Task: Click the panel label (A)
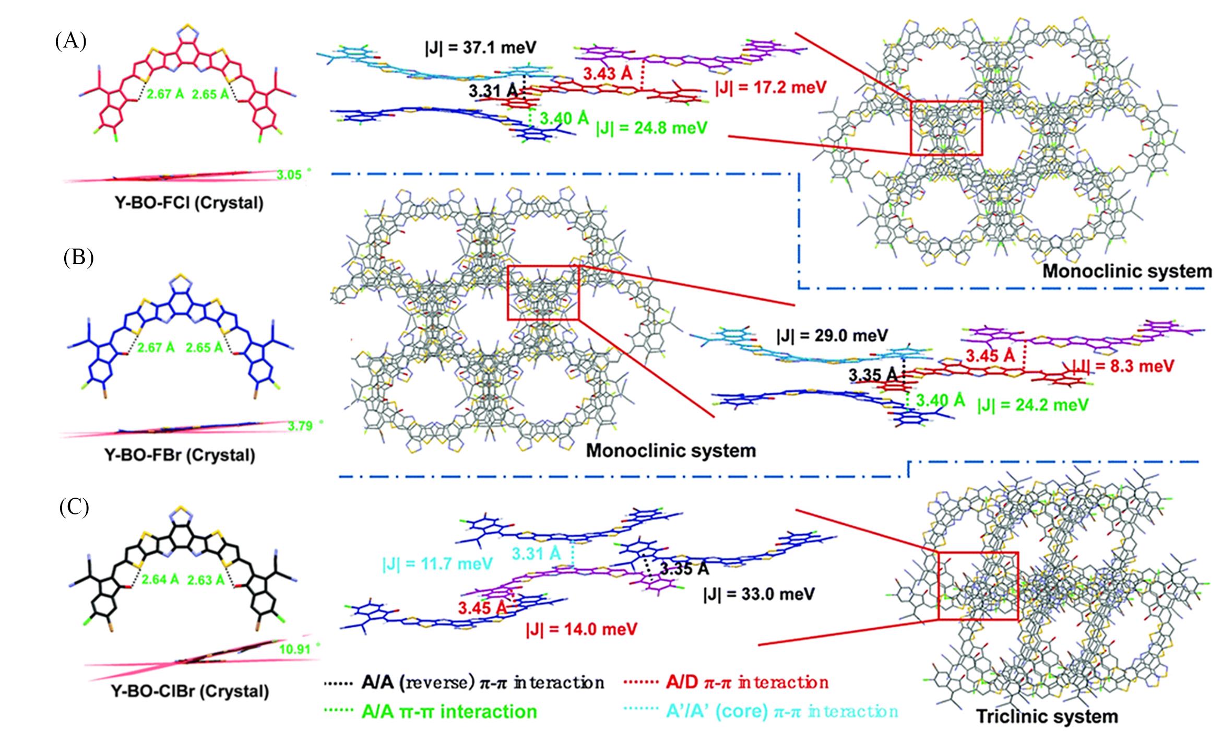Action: coord(70,41)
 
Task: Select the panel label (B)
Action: coord(78,258)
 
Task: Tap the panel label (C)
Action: coord(74,508)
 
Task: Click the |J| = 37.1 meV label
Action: coord(480,48)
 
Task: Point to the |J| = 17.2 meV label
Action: coord(770,87)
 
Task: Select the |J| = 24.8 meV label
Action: coord(651,128)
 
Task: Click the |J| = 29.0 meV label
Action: coord(832,335)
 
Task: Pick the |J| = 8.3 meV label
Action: coord(1123,366)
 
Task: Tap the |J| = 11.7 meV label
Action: coord(437,564)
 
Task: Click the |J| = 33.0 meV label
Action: coord(758,594)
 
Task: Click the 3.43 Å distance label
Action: coord(608,74)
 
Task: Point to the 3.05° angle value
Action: coord(290,174)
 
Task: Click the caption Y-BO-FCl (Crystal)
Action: coord(189,203)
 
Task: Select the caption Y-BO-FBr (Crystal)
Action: coord(181,455)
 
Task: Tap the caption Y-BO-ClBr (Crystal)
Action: coord(189,691)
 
